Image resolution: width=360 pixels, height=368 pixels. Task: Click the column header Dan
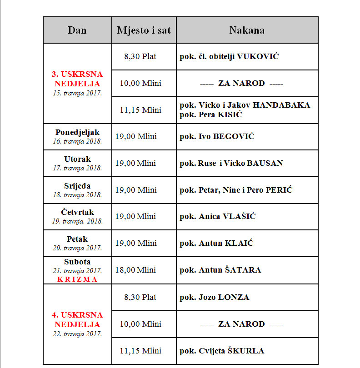click(x=77, y=30)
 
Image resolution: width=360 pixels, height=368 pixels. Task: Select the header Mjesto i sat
click(x=144, y=30)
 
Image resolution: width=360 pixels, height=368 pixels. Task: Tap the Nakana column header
click(x=247, y=30)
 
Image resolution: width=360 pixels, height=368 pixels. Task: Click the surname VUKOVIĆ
click(x=258, y=57)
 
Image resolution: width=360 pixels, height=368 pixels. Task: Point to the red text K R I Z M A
click(x=77, y=279)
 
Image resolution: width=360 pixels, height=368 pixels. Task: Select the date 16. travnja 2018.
click(x=77, y=141)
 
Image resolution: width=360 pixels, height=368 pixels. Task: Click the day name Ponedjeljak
click(x=77, y=132)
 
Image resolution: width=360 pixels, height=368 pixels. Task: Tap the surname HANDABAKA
click(x=281, y=105)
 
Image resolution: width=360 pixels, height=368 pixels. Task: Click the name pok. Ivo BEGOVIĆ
click(x=217, y=136)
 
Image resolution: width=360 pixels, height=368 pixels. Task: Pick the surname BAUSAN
click(x=265, y=163)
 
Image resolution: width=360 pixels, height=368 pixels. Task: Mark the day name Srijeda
click(x=77, y=186)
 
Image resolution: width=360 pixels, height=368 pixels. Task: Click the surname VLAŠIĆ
click(x=239, y=217)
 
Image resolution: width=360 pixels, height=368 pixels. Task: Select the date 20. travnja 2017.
click(x=77, y=248)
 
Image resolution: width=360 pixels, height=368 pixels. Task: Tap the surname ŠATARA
click(x=243, y=270)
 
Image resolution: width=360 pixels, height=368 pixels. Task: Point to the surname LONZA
click(x=234, y=297)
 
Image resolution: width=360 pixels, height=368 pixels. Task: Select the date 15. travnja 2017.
click(x=77, y=93)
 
